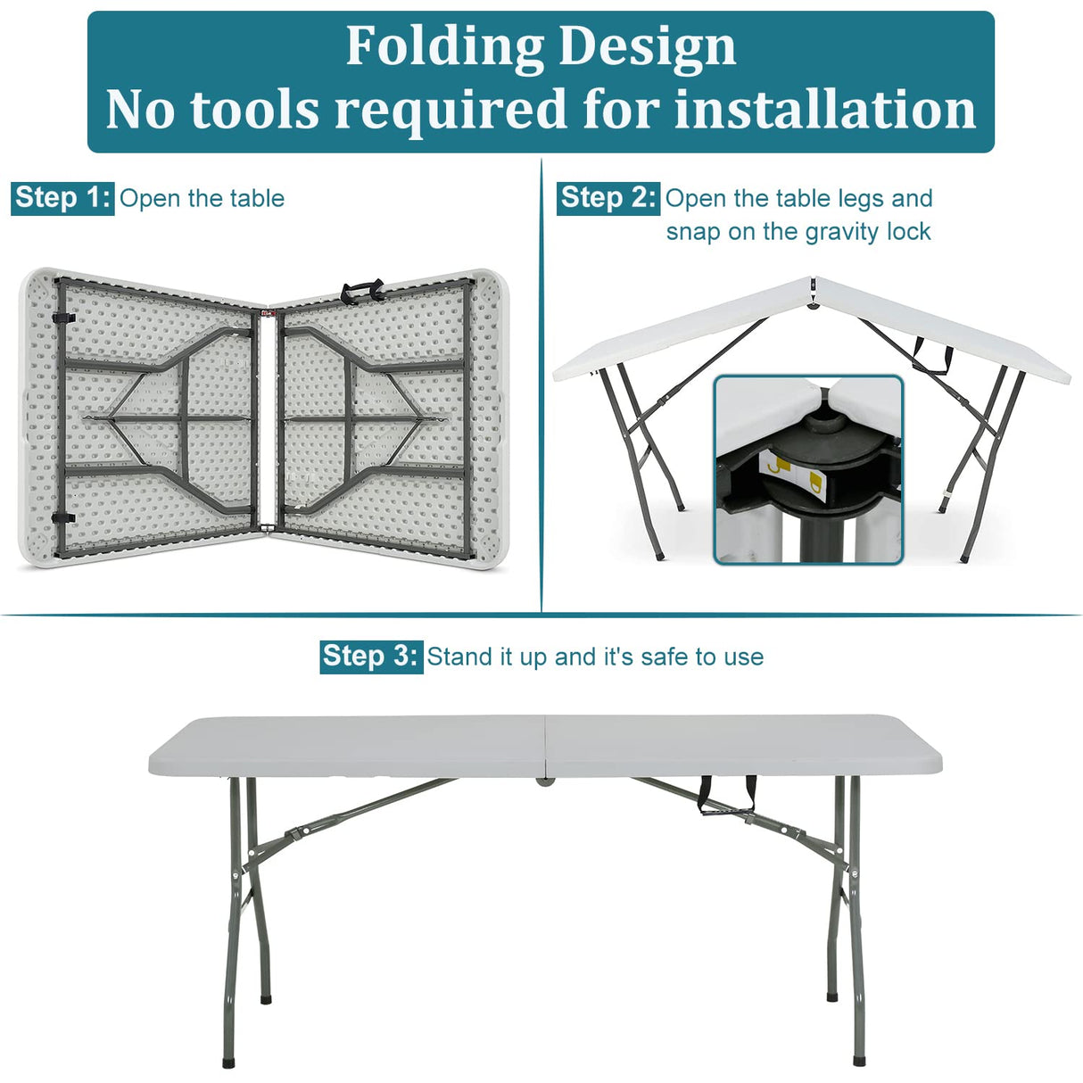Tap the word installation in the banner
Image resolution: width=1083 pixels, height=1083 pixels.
824,110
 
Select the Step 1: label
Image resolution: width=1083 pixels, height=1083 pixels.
62,197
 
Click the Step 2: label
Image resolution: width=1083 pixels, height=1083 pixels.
608,197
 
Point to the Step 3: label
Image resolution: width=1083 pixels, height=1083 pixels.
370,657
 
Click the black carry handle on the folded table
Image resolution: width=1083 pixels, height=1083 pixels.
361,290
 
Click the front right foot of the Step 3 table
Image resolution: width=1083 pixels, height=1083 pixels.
858,1060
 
